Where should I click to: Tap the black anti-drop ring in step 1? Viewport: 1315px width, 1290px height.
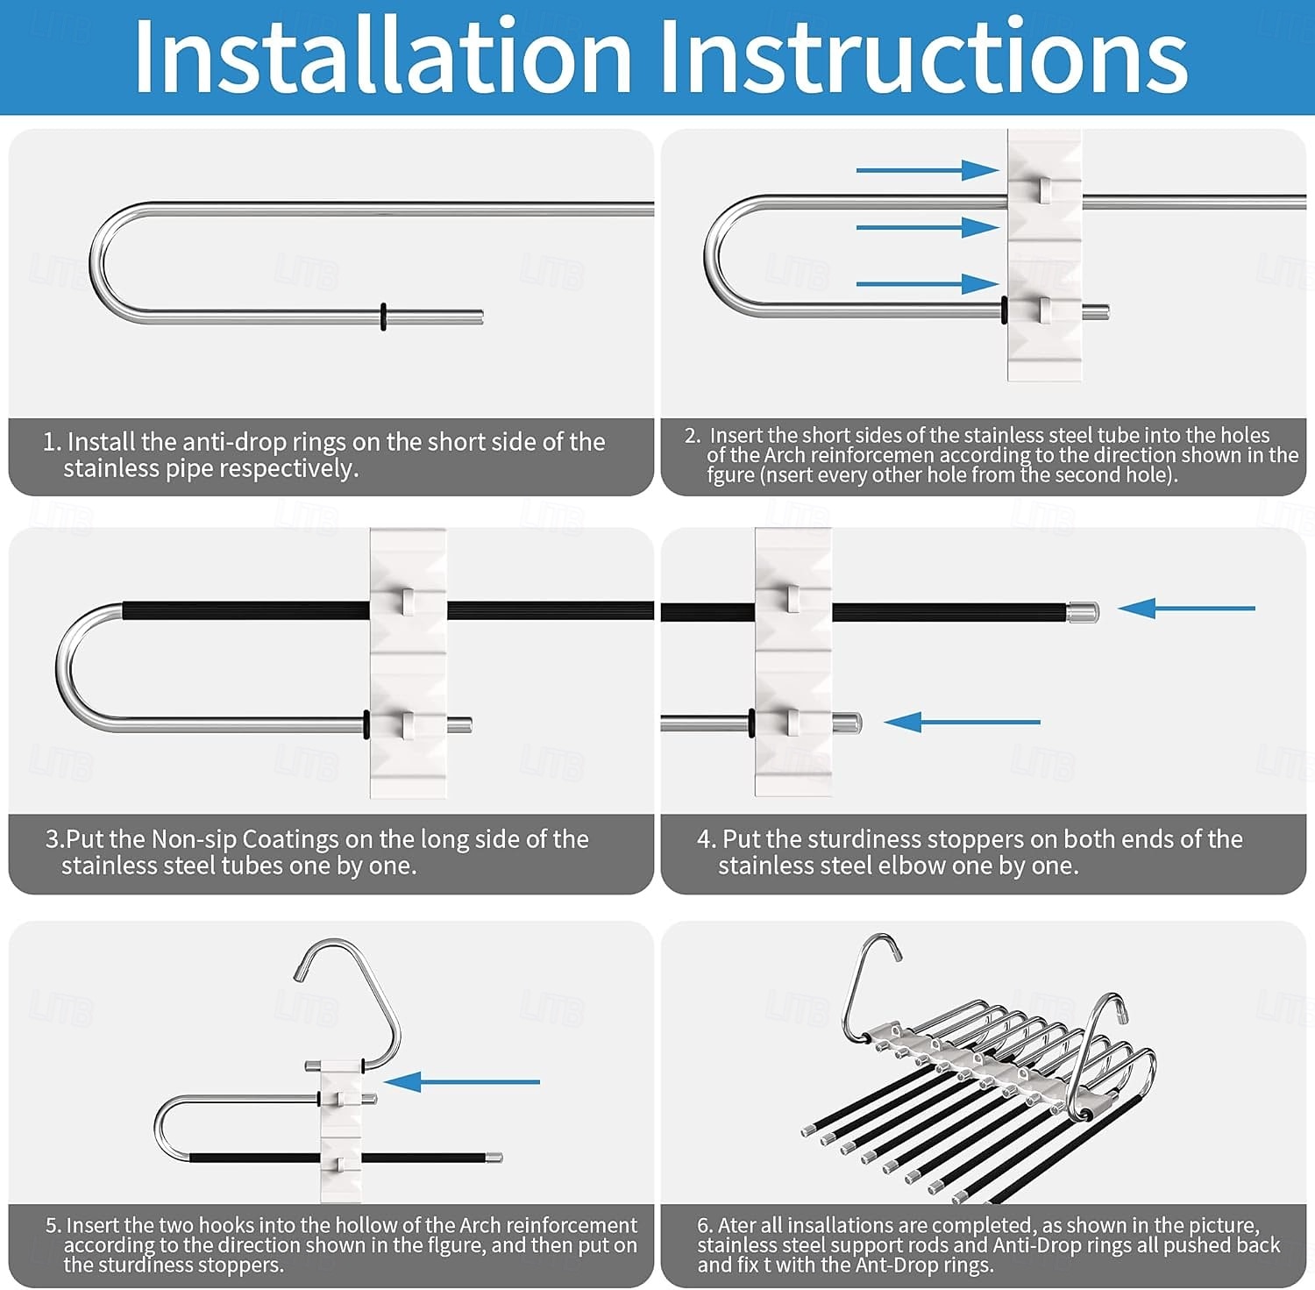coord(383,316)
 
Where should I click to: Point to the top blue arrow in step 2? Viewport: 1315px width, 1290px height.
coord(928,170)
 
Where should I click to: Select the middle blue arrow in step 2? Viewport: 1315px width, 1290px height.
coord(928,227)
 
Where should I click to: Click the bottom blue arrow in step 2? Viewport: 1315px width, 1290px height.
coord(928,284)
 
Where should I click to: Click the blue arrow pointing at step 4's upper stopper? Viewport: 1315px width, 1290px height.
coord(1186,608)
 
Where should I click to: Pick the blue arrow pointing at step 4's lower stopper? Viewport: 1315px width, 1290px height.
coord(962,722)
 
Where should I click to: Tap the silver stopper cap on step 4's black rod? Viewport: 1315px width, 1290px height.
coord(1083,611)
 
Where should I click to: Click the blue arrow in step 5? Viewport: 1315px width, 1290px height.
coord(461,1081)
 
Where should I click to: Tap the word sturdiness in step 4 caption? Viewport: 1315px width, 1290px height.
coord(864,839)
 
